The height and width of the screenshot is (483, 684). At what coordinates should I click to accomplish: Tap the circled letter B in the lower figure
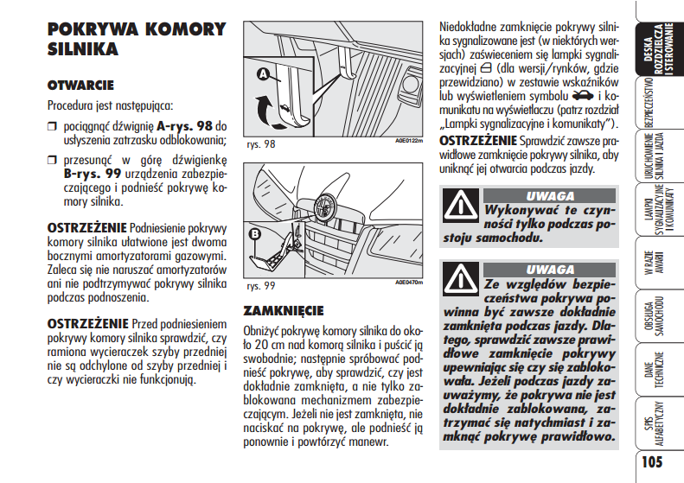pos(256,232)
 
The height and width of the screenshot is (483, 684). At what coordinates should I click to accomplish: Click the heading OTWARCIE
pos(80,86)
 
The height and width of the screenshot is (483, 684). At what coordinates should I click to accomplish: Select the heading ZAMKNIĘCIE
pos(283,310)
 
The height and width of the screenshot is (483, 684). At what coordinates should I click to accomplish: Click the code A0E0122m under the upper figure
pos(409,140)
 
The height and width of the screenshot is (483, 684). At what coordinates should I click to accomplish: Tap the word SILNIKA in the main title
pos(83,50)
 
